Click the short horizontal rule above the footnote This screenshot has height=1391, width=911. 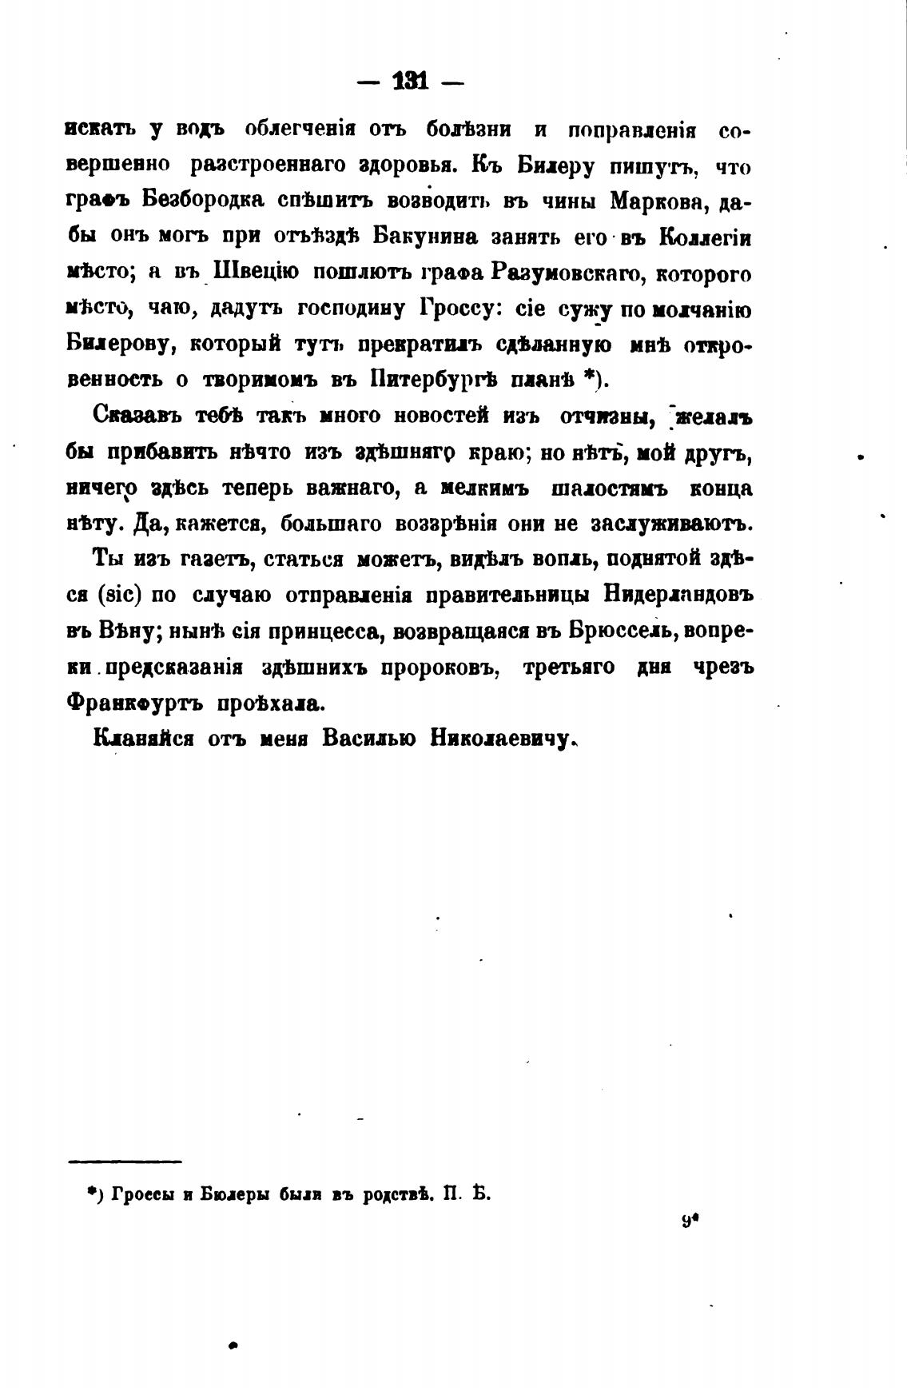[x=125, y=1161]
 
